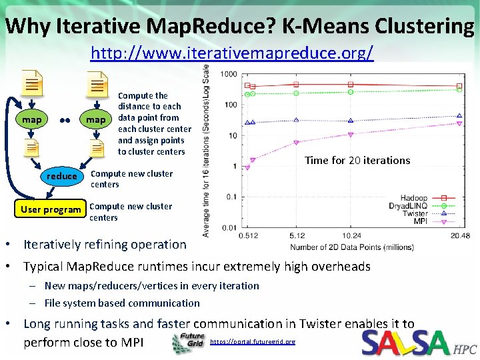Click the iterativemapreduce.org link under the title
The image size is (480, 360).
point(232,53)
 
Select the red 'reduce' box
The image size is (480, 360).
point(62,176)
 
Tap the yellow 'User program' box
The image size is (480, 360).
point(51,209)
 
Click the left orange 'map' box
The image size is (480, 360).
point(32,120)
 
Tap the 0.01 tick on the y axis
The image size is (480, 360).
point(230,228)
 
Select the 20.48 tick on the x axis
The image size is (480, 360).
point(459,235)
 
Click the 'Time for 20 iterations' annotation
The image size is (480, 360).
point(357,160)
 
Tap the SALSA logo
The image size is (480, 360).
point(406,343)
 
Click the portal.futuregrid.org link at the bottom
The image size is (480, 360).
point(253,342)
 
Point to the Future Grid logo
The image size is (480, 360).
point(189,343)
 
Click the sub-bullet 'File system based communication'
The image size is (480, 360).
point(122,303)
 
